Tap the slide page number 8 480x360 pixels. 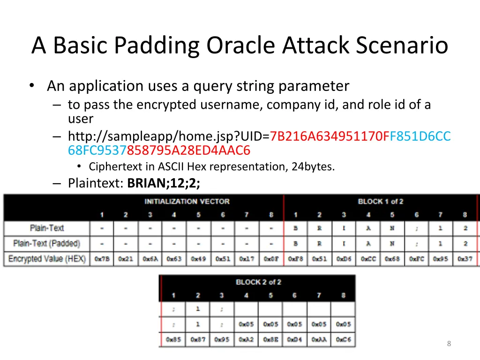(449, 344)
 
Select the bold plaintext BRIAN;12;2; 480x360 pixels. (163, 183)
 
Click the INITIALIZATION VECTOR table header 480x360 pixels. (187, 202)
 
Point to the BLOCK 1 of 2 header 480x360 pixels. (380, 202)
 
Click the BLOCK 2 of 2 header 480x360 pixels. (257, 282)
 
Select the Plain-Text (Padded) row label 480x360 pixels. (46, 244)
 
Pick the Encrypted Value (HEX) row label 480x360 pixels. (47, 259)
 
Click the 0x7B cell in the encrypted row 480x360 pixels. (102, 259)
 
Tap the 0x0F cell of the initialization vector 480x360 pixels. (271, 259)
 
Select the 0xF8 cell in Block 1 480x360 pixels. (296, 259)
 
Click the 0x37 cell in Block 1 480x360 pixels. (465, 259)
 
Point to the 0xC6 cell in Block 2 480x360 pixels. (343, 339)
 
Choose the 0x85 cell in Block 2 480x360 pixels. (173, 339)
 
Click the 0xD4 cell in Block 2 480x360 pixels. (294, 339)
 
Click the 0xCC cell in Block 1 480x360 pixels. (368, 259)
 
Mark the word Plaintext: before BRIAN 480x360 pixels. (96, 183)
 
